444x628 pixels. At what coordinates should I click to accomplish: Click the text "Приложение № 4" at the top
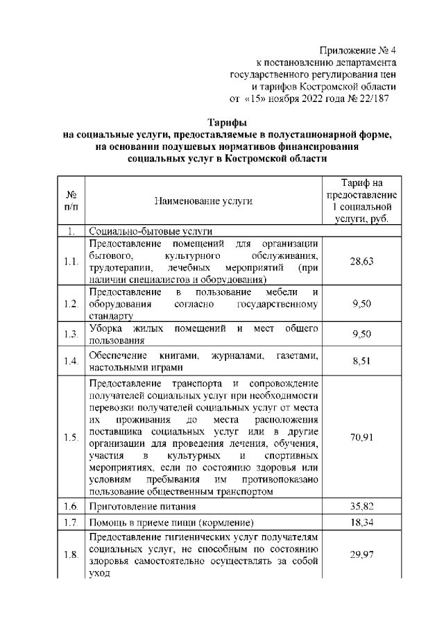(357, 51)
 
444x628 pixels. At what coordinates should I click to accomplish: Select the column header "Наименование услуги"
(203, 201)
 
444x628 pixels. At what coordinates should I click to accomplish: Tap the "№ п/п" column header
(70, 201)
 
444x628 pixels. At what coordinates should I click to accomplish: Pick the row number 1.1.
(70, 262)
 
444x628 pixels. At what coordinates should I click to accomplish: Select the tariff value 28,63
(362, 262)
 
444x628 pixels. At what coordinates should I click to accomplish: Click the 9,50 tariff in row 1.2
(362, 304)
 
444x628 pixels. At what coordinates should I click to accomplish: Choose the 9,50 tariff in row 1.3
(362, 334)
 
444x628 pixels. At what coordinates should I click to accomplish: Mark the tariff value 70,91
(362, 437)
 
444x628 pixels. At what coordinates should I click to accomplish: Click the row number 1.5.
(70, 437)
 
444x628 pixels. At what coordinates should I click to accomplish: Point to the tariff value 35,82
(362, 507)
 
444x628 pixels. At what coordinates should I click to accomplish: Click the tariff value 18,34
(362, 522)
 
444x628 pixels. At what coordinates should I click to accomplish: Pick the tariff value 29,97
(362, 554)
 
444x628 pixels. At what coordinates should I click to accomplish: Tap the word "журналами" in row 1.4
(237, 355)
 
